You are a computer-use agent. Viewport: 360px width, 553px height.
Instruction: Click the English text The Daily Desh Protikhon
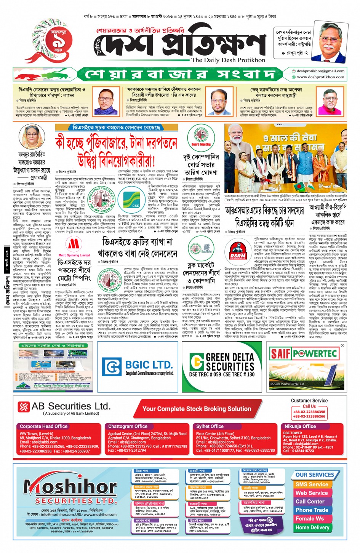coord(228,60)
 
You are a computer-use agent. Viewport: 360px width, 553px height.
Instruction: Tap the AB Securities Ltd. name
coord(71,406)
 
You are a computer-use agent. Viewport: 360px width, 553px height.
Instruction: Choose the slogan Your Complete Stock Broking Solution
coord(197,409)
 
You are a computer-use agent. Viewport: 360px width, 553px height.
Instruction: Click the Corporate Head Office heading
coord(43,426)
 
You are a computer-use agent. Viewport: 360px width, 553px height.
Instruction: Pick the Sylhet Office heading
coord(210,426)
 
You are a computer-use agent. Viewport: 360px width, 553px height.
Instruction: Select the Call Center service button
coord(310,502)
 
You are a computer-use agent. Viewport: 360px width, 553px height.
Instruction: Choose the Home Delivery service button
coord(312,527)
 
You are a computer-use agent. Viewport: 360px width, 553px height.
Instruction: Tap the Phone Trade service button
coord(312,510)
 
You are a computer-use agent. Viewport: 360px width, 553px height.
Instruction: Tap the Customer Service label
coord(309,401)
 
